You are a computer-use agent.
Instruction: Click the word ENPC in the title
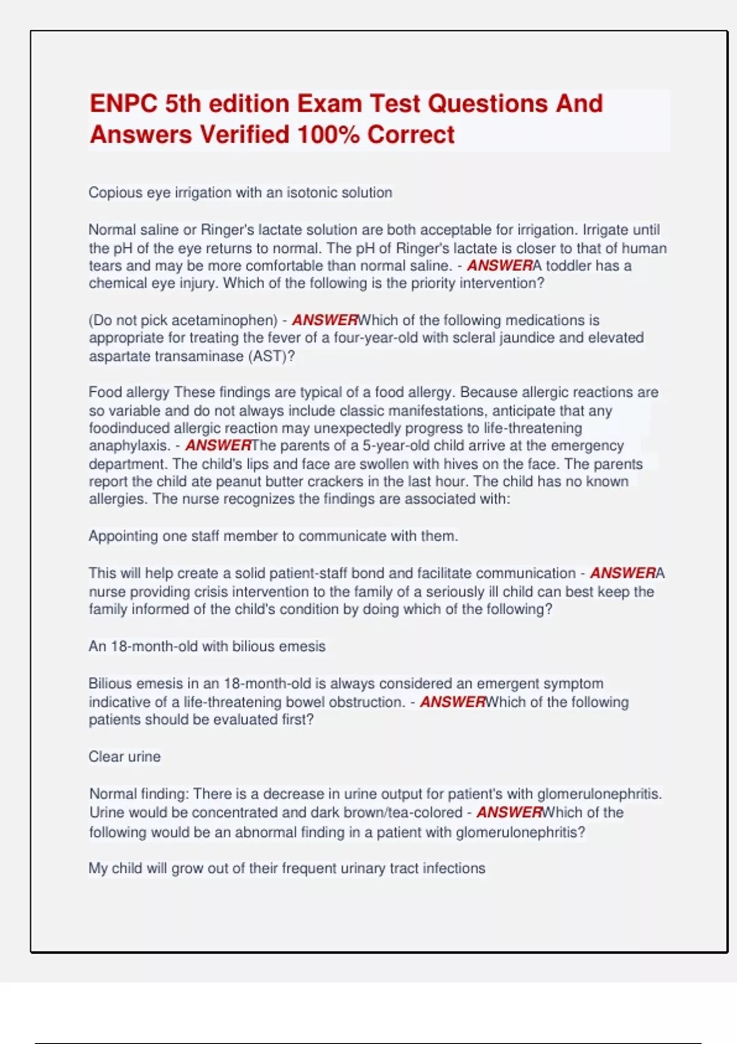(x=123, y=104)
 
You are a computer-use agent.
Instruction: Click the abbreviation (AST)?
(x=271, y=356)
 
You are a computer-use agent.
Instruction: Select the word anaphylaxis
(x=129, y=445)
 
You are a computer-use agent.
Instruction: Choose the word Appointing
(x=123, y=536)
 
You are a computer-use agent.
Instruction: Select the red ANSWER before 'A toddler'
(x=499, y=266)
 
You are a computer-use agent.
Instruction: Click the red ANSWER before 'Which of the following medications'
(x=324, y=320)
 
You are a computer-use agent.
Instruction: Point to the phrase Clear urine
(x=124, y=757)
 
